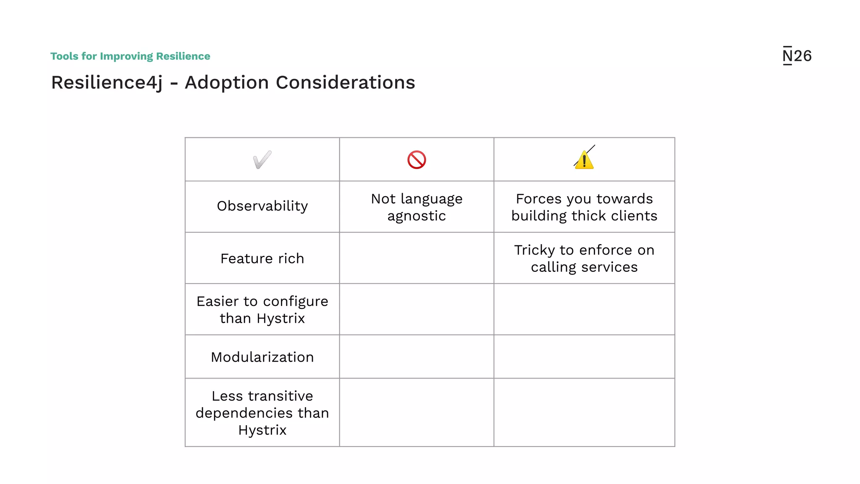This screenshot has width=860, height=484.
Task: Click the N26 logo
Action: (797, 56)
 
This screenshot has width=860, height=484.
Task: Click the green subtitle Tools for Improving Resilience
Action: (130, 56)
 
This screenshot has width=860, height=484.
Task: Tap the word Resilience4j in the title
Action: (107, 83)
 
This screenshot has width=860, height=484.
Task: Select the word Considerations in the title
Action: (345, 82)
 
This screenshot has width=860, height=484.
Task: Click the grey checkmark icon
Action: (262, 160)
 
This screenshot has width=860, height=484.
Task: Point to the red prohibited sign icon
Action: (417, 160)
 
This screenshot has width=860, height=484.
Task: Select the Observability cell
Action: (262, 206)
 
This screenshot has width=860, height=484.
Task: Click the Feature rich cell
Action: (262, 258)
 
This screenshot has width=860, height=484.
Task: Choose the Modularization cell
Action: (262, 357)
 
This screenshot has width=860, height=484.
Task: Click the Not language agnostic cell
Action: (417, 207)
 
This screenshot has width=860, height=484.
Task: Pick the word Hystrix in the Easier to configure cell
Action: (281, 318)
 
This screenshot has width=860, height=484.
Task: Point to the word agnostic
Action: (417, 216)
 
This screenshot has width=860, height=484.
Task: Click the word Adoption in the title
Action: (226, 82)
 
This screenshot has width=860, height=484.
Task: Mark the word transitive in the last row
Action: (281, 396)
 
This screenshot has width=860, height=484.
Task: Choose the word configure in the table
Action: (295, 302)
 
